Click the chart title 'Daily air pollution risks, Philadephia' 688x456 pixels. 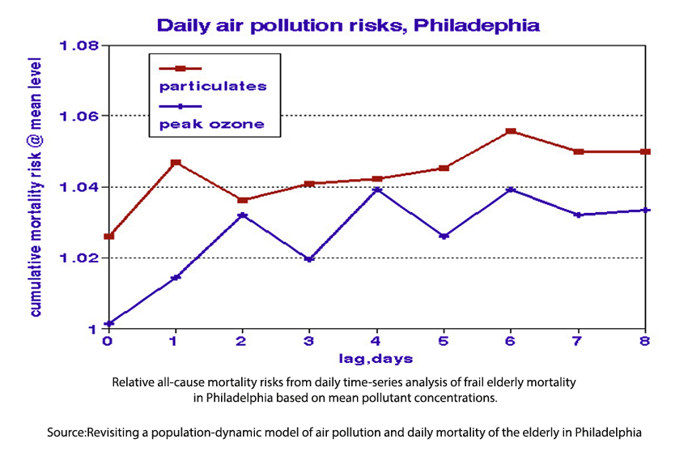pyautogui.click(x=348, y=24)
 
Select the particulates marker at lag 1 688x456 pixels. pyautogui.click(x=176, y=163)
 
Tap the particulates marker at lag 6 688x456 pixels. pyautogui.click(x=511, y=131)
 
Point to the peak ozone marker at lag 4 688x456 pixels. pyautogui.click(x=377, y=190)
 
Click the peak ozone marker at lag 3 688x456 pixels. pyautogui.click(x=309, y=259)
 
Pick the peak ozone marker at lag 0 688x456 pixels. pyautogui.click(x=109, y=324)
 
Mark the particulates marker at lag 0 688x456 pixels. pyautogui.click(x=109, y=237)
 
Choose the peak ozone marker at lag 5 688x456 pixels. pyautogui.click(x=444, y=236)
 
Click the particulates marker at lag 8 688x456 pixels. pyautogui.click(x=645, y=151)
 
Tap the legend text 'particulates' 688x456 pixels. pyautogui.click(x=213, y=85)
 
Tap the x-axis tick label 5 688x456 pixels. pyautogui.click(x=444, y=342)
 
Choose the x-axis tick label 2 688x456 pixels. pyautogui.click(x=242, y=342)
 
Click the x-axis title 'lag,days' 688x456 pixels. pyautogui.click(x=376, y=358)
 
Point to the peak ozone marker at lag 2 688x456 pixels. pyautogui.click(x=242, y=215)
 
